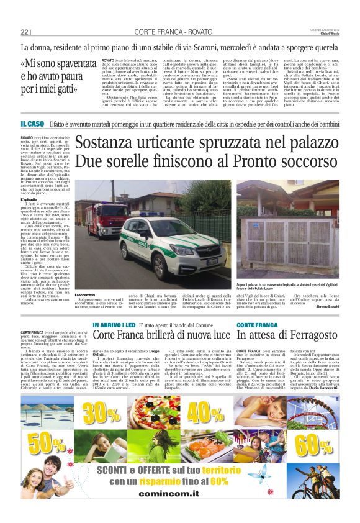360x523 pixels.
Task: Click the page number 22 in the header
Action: pyautogui.click(x=25, y=32)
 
